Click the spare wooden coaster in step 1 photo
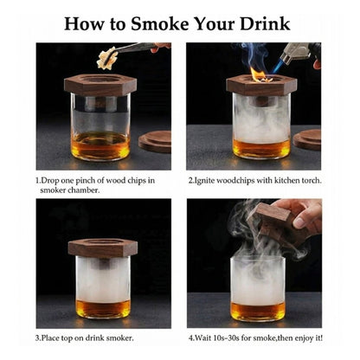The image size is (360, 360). point(156,140)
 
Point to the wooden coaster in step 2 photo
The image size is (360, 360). point(308,138)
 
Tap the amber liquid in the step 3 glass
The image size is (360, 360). point(104,308)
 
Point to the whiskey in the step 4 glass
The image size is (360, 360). point(257,310)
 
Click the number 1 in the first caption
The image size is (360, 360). point(37,181)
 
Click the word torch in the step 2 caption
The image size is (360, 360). point(309,181)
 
